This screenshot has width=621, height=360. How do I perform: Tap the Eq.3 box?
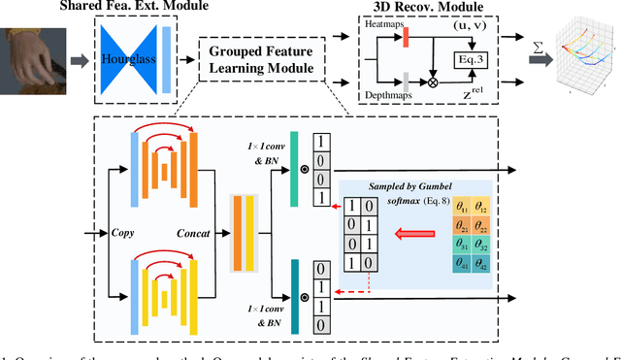point(471,59)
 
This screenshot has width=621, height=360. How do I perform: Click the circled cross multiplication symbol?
point(420,83)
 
